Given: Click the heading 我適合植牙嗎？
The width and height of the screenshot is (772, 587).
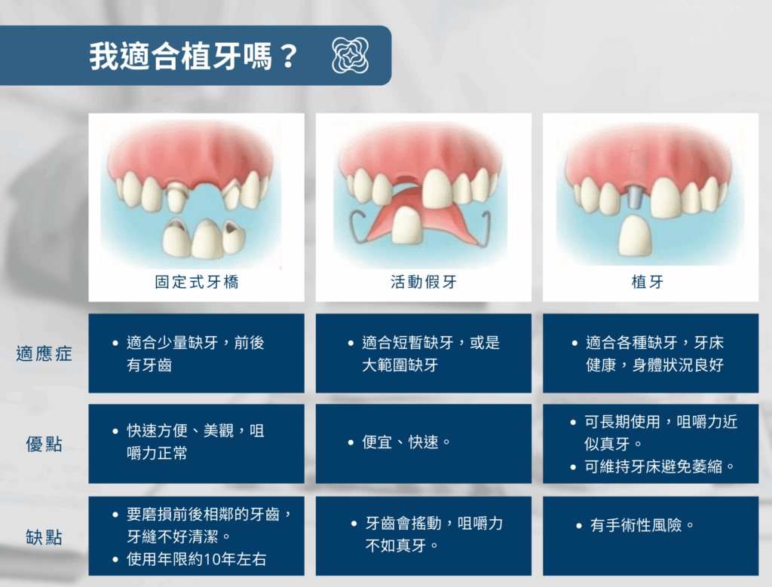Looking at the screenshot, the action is (194, 56).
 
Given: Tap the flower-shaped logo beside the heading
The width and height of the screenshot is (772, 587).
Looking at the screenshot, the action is (350, 56).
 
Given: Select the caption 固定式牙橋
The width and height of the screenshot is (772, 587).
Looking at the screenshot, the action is (197, 282).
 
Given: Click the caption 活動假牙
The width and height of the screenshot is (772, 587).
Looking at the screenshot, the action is (424, 282).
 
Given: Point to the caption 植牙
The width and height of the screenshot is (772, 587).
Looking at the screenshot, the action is (648, 282).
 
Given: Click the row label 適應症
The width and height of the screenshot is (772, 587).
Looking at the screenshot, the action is (44, 353).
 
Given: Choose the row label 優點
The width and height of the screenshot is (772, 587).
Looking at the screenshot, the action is (44, 444).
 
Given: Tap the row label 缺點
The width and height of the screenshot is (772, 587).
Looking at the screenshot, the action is (44, 537).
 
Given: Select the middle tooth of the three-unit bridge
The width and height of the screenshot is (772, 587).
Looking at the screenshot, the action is (207, 239).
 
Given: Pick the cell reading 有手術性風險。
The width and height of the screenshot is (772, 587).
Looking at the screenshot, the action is (651, 536).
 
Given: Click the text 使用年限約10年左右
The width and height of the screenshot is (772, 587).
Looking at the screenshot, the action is (197, 559).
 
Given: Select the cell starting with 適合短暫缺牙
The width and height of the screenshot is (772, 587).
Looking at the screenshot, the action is (424, 353).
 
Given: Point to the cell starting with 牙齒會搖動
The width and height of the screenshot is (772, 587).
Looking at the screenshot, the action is (424, 536).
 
